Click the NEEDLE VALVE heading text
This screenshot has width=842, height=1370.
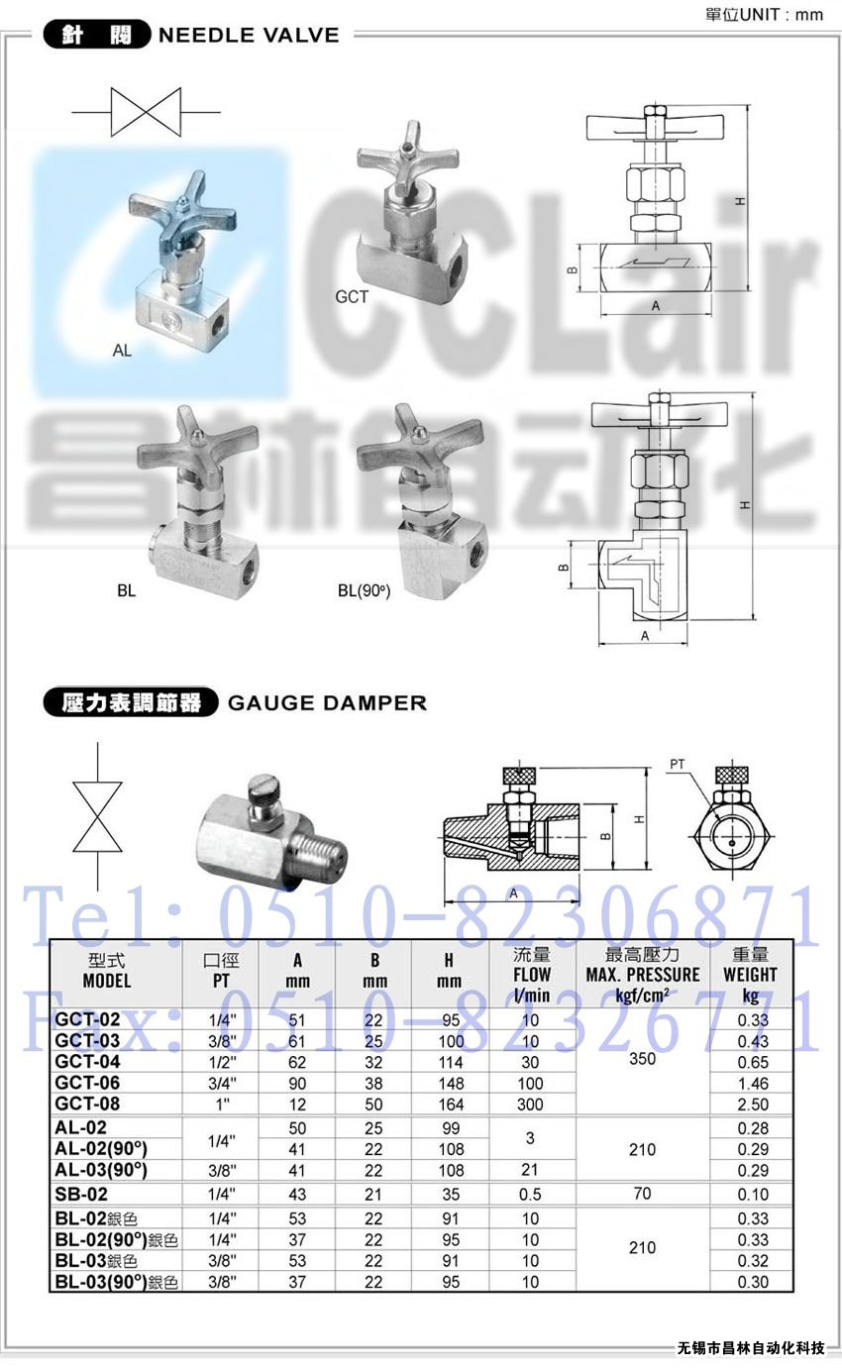click(249, 35)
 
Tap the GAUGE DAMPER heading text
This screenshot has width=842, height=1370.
click(327, 702)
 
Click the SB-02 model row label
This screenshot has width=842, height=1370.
click(81, 1194)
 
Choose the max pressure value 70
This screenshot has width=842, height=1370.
click(642, 1193)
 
